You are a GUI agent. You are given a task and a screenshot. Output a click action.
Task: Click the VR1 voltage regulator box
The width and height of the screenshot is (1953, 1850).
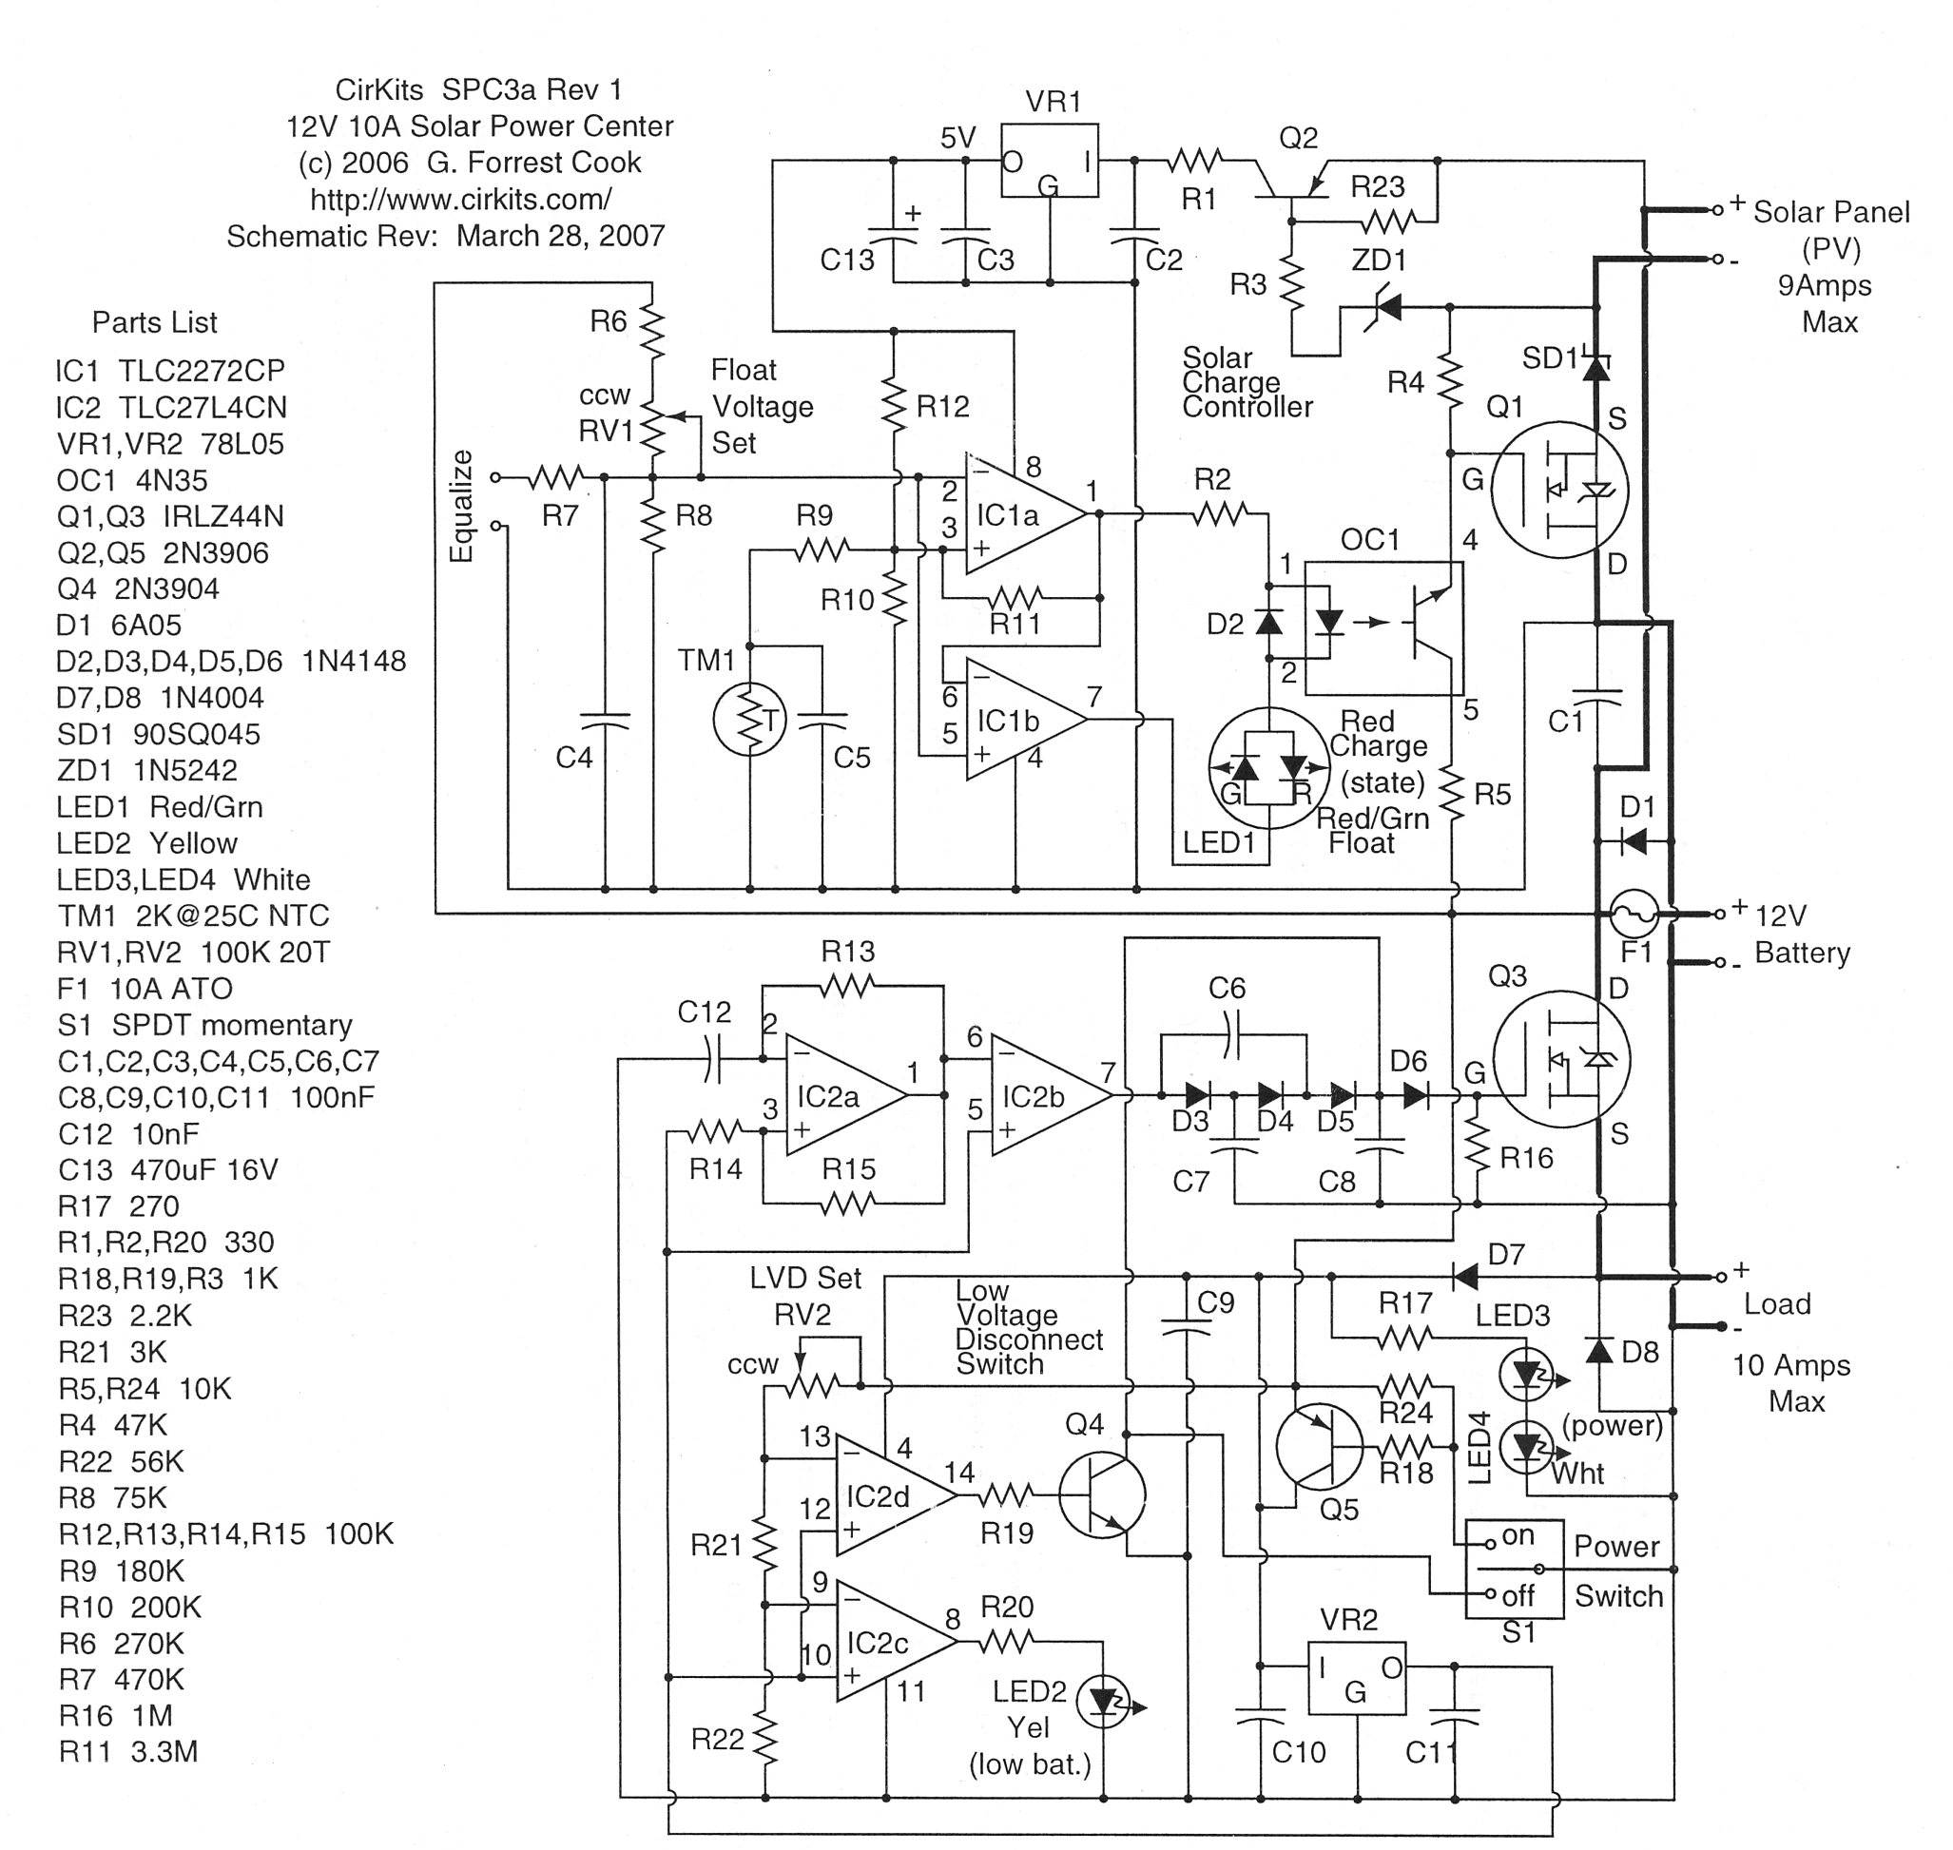1050,161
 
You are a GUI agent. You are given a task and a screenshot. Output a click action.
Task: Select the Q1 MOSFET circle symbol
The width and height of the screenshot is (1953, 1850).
1558,491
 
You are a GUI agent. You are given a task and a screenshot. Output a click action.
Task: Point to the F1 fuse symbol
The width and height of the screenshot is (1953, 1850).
1635,915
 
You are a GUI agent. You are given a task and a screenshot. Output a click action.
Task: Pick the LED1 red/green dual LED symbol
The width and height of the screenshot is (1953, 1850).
1269,767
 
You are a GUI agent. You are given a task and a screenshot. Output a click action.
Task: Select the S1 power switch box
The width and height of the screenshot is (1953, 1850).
1514,1568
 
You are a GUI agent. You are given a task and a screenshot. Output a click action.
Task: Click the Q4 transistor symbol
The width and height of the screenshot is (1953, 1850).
1102,1495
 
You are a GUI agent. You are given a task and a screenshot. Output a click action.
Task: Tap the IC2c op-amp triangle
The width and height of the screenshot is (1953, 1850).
893,1642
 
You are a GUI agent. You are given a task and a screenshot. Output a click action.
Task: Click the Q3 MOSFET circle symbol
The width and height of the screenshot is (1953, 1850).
1560,1059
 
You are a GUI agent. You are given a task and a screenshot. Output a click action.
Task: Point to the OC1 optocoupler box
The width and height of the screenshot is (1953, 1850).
1383,624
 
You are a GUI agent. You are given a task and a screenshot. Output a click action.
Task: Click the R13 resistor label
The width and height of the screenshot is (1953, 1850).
847,952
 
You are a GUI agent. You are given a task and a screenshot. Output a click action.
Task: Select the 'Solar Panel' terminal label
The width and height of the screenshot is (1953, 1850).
1829,212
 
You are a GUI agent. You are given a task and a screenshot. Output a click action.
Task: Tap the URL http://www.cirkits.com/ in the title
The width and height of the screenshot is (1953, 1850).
460,200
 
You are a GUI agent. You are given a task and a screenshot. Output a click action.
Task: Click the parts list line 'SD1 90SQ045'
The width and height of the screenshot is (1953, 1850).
158,734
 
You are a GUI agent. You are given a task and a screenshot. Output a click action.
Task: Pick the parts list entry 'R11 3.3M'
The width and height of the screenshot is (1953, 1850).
128,1751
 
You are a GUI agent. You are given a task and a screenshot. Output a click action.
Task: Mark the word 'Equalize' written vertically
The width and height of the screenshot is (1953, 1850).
461,507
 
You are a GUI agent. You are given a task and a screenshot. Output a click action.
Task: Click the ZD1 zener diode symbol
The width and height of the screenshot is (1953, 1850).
1384,309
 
